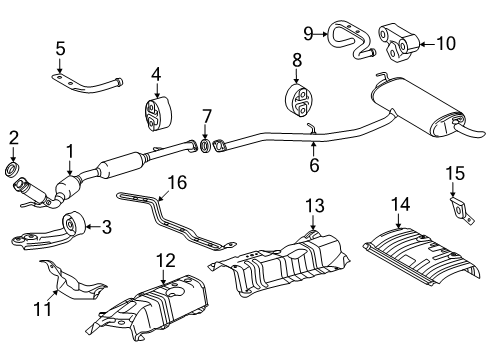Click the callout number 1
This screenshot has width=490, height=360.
70,152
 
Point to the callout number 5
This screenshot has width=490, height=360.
60,47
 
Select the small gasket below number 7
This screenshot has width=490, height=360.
205,148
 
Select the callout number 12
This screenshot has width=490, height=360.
165,262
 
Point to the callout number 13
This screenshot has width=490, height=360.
314,206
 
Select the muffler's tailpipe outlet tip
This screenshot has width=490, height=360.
470,130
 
